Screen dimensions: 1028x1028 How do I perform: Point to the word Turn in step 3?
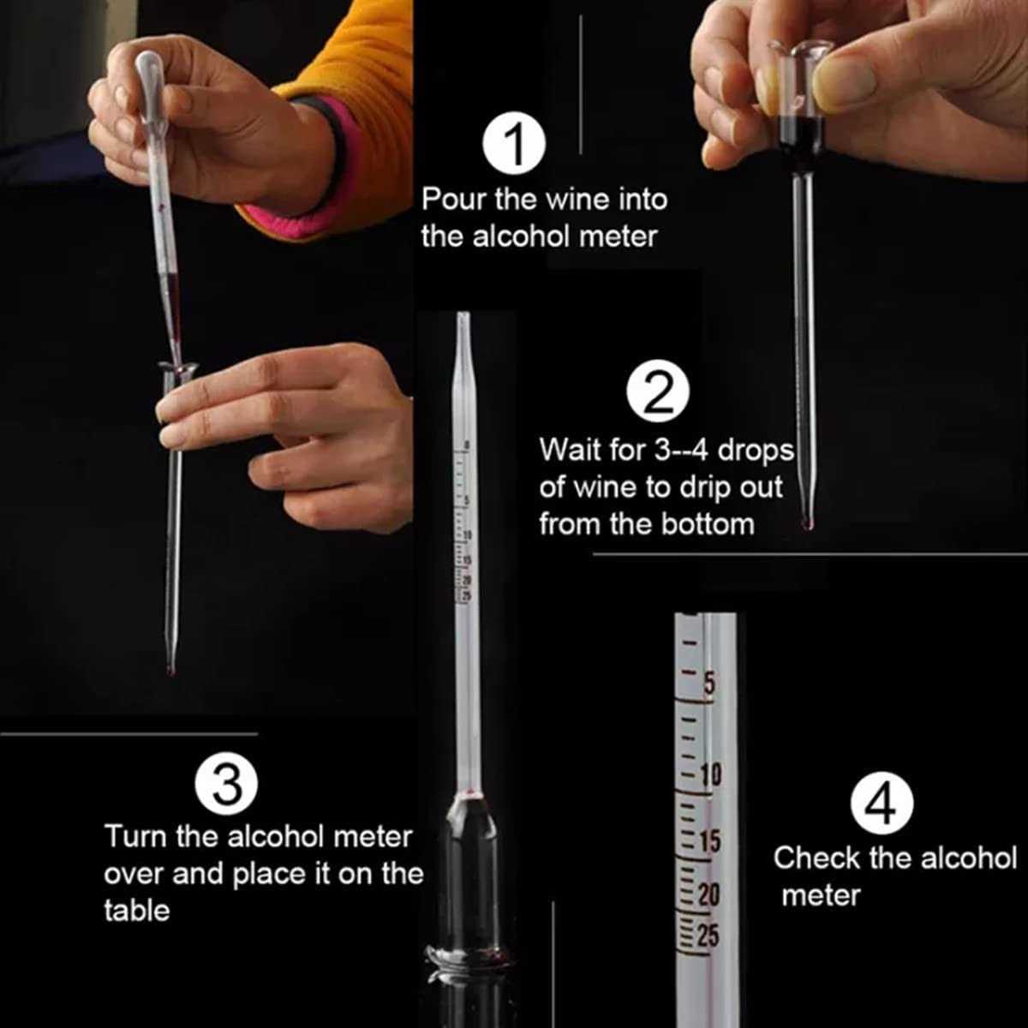pos(135,836)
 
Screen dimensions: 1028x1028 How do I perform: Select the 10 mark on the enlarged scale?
pos(710,774)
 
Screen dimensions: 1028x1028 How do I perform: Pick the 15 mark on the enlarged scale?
pos(709,841)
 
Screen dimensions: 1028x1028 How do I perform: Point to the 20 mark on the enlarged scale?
pos(709,895)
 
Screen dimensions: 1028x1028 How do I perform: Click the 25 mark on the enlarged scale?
pos(708,935)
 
